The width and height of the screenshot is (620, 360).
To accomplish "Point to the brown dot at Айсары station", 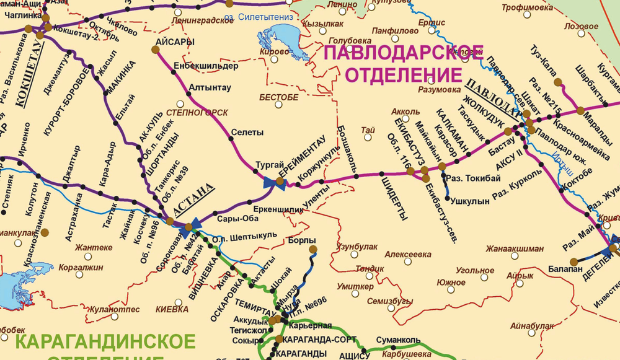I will [x=156, y=48].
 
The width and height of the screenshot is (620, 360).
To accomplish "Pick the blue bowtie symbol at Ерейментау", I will [x=271, y=182].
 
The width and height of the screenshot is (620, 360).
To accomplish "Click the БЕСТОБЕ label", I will [x=276, y=98].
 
